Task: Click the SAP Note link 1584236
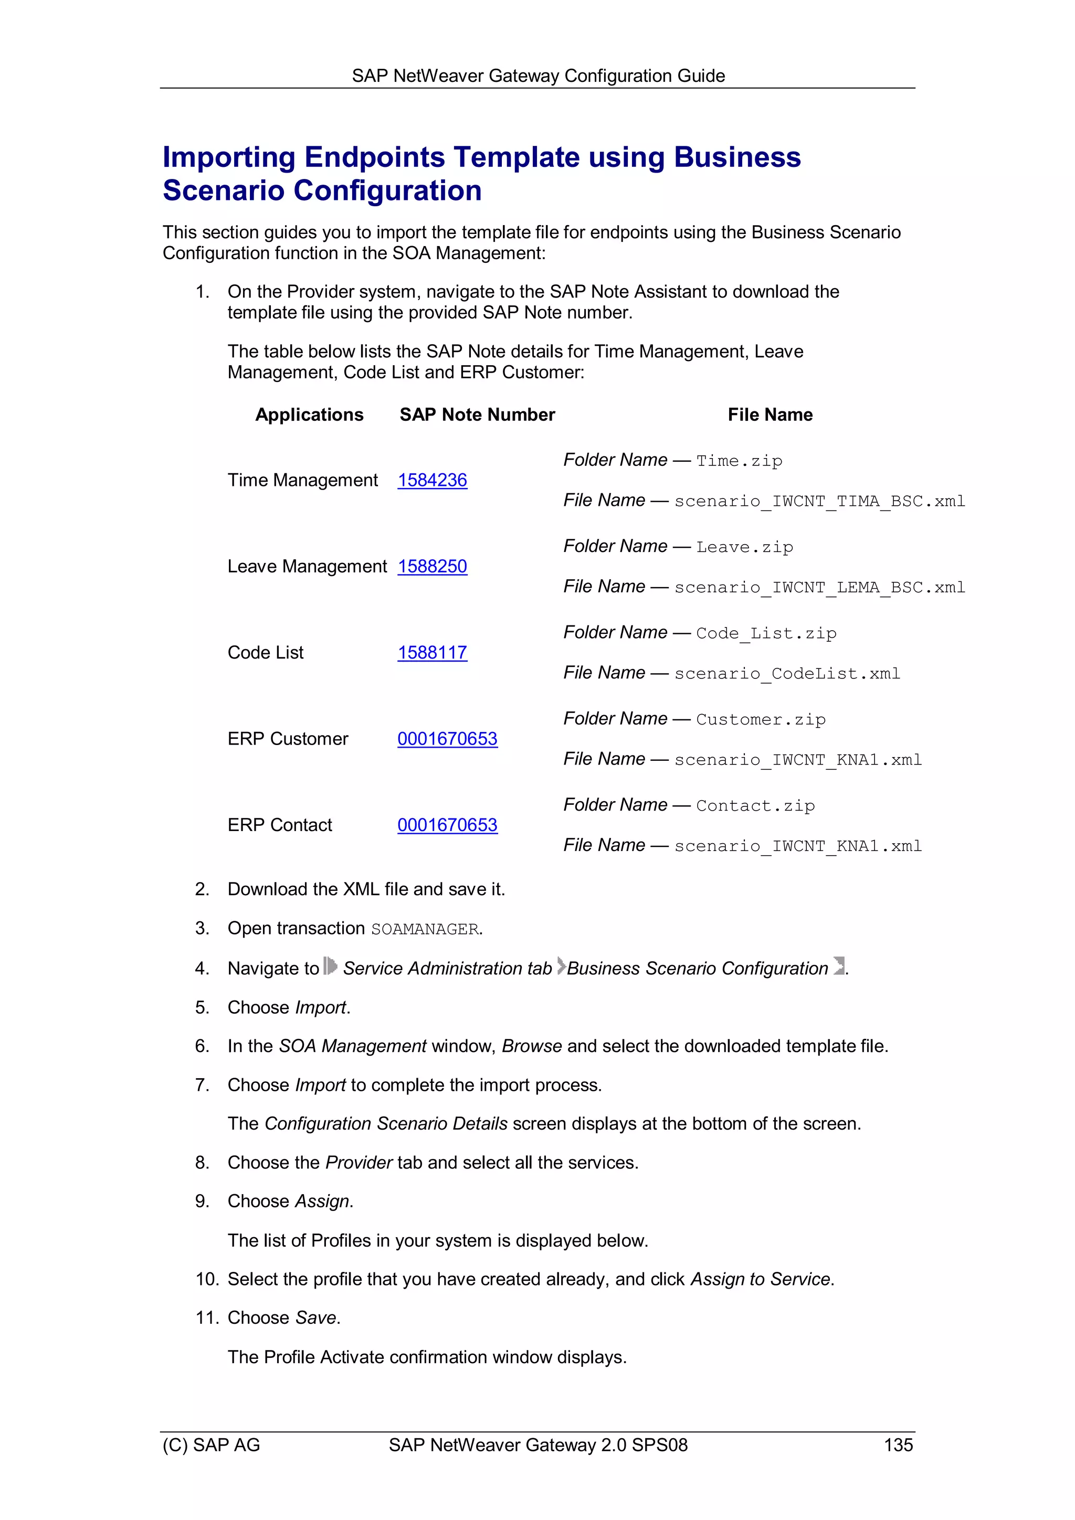pos(432,480)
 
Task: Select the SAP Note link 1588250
pos(432,566)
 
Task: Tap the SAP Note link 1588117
pos(432,652)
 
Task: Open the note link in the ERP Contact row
pos(447,825)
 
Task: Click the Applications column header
pos(309,414)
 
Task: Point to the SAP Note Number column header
pos(477,414)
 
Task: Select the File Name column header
pos(770,414)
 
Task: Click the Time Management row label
pos(303,480)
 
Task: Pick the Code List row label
pos(266,652)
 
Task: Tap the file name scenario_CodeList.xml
pos(787,674)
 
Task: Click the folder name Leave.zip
pos(744,547)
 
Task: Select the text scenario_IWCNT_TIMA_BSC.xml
pos(819,501)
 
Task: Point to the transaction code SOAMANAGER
pos(425,930)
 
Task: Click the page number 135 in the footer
pos(898,1445)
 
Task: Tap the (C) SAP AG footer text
pos(212,1445)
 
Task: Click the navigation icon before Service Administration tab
pos(330,966)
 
